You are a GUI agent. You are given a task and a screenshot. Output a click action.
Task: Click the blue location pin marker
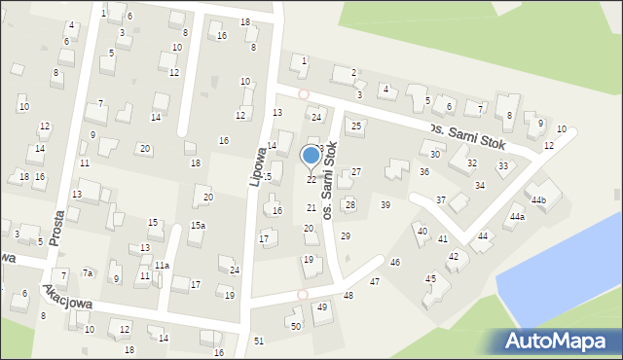point(311,156)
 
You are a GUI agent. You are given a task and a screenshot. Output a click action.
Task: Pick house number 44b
point(538,200)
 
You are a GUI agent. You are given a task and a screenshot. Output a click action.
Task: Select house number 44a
point(516,217)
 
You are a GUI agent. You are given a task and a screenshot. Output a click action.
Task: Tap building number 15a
point(198,226)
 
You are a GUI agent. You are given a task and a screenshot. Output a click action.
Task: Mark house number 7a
point(88,273)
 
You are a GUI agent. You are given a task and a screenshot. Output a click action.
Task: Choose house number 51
point(258,341)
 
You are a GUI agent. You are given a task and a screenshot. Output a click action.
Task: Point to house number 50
point(296,326)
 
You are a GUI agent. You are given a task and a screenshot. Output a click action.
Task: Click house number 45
point(430,278)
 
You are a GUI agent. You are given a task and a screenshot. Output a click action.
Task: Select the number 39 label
point(385,204)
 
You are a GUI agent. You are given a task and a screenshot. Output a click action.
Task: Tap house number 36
point(424,171)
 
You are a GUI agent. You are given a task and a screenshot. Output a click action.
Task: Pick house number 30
point(435,154)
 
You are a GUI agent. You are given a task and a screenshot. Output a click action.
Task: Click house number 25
point(356,126)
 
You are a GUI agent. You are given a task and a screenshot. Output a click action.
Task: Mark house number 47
point(375,281)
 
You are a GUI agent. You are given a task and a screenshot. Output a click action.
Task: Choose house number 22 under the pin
point(311,180)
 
